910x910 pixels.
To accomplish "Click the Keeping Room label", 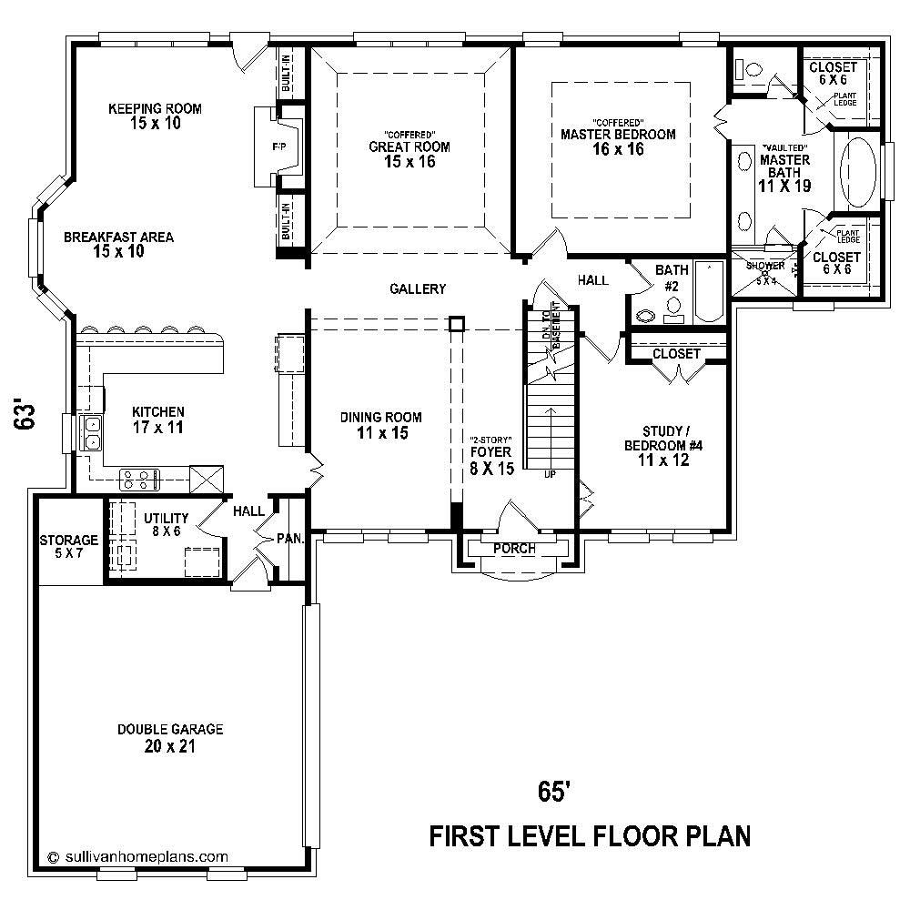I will [155, 108].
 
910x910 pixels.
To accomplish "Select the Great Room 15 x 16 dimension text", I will [409, 162].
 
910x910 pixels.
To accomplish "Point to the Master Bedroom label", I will [618, 135].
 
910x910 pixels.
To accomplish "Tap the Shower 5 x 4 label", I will [764, 272].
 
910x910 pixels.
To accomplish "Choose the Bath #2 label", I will [672, 278].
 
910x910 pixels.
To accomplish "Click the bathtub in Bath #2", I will [708, 292].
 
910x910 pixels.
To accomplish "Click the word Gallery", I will [418, 288].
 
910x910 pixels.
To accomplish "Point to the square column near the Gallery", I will [457, 324].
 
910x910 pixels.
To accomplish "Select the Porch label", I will [514, 549].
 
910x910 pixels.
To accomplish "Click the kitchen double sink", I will [92, 432].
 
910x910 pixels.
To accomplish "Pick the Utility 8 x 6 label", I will [167, 523].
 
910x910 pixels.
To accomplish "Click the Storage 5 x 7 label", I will [68, 546].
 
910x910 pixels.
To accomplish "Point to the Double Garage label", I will [170, 738].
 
